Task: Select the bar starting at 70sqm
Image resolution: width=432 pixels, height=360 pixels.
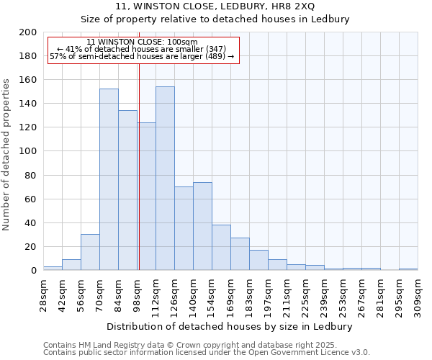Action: pyautogui.click(x=109, y=179)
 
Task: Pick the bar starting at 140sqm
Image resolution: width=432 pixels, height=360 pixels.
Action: pyautogui.click(x=202, y=226)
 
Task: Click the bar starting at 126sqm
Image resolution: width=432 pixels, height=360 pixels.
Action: pyautogui.click(x=184, y=228)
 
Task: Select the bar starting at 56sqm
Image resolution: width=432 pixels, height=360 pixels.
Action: pyautogui.click(x=90, y=252)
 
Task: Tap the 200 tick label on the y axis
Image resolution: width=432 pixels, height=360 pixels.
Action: pyautogui.click(x=28, y=32)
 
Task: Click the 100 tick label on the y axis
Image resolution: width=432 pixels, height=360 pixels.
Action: pyautogui.click(x=28, y=151)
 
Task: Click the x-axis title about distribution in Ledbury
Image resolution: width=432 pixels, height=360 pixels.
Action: pyautogui.click(x=234, y=326)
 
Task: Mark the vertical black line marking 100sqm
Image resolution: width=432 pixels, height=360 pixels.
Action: pyautogui.click(x=138, y=166)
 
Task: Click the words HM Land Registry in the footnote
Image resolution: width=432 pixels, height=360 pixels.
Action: pyautogui.click(x=108, y=345)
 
